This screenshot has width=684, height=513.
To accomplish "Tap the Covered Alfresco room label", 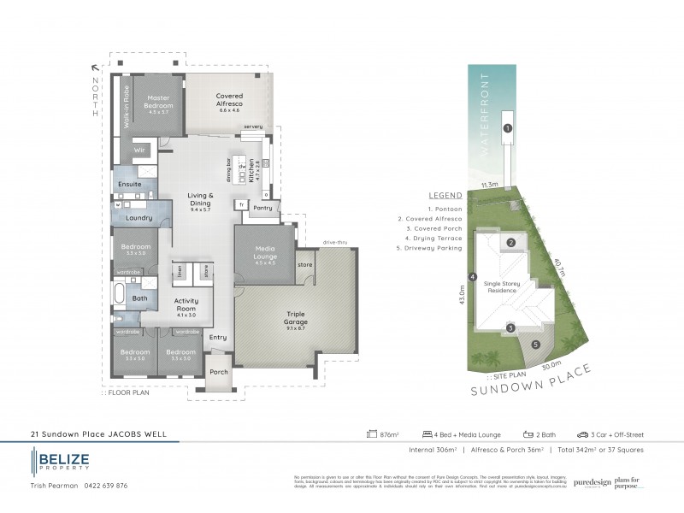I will (x=229, y=100).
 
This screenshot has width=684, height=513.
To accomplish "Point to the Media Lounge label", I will (x=264, y=254).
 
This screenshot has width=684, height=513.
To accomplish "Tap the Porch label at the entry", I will (x=219, y=373).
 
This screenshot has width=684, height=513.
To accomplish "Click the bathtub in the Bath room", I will (x=119, y=298).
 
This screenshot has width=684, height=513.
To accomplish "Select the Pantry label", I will (x=262, y=207).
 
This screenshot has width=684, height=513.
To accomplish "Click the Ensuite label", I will (x=130, y=184).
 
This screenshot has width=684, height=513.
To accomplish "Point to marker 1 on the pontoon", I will (x=507, y=129).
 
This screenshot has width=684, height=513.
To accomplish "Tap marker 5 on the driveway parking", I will (x=535, y=345).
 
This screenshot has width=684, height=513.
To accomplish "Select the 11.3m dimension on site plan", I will (x=489, y=184).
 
